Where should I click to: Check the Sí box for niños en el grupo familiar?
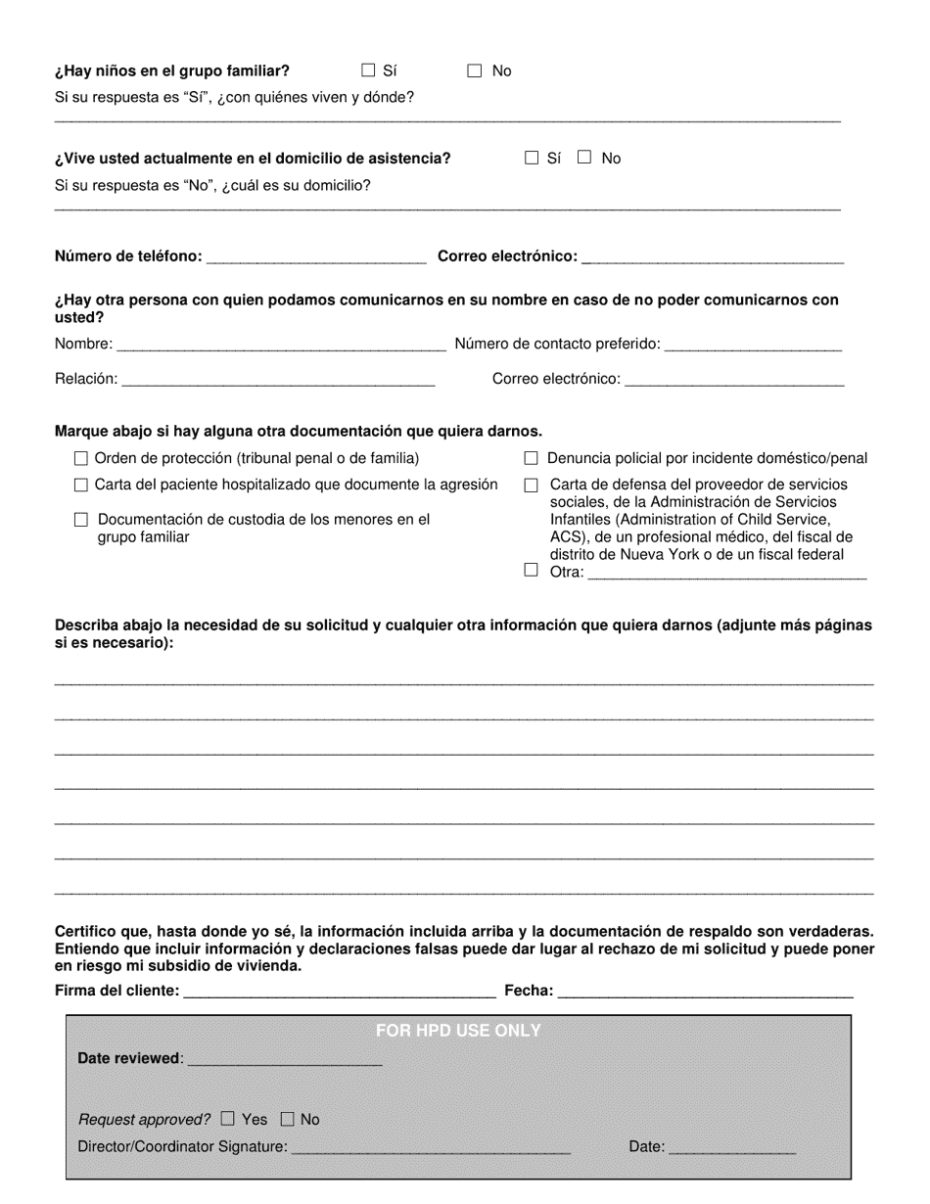click(368, 70)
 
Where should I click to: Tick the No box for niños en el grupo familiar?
click(475, 70)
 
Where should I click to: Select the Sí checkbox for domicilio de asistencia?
click(532, 158)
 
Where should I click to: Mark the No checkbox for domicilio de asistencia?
click(584, 158)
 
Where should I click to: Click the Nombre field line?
click(280, 345)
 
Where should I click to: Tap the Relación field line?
click(278, 380)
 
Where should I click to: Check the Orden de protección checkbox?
click(81, 458)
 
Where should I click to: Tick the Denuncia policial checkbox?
click(532, 458)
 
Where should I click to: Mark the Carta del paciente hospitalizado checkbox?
click(81, 485)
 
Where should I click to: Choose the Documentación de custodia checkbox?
click(81, 520)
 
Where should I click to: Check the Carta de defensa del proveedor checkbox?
click(532, 485)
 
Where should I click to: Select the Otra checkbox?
click(532, 571)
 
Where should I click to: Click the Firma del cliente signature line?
click(339, 993)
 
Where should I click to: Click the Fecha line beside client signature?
click(705, 993)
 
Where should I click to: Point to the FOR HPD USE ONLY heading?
click(458, 1031)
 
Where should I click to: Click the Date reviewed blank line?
click(284, 1060)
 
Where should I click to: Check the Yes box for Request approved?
click(228, 1119)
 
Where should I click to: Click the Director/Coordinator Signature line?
click(431, 1148)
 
